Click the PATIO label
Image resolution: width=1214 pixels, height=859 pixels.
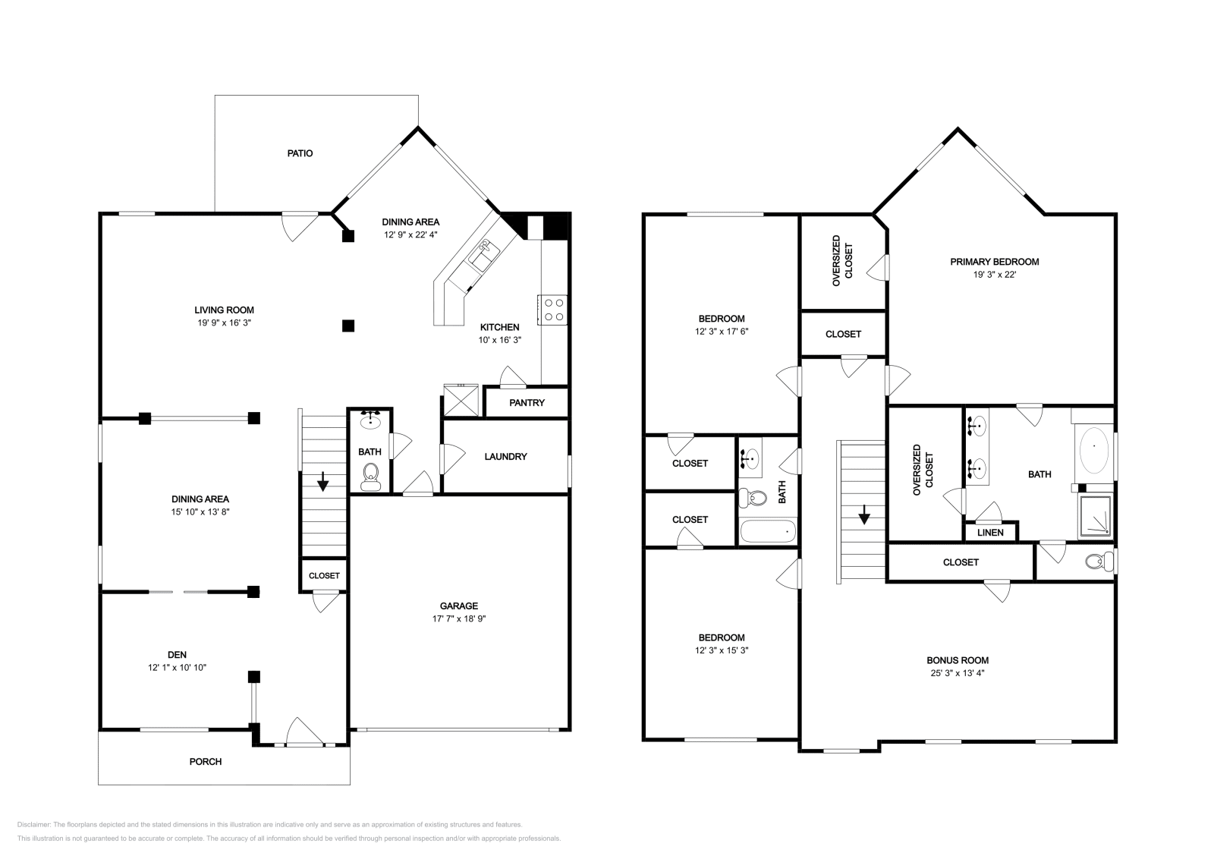pos(300,153)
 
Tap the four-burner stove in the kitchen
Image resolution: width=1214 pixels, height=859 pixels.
pos(553,310)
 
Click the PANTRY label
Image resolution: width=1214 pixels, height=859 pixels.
pos(527,403)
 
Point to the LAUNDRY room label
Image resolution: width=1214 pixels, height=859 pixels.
pos(505,456)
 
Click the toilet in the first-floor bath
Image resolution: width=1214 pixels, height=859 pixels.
pos(371,477)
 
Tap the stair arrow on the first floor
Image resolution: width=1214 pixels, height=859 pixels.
pos(322,481)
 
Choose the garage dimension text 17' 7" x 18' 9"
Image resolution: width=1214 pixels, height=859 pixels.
pos(459,618)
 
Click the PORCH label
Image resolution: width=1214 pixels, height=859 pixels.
pos(206,761)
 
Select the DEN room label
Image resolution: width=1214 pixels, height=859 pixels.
pos(178,655)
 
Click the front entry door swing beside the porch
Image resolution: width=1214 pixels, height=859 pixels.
pos(304,732)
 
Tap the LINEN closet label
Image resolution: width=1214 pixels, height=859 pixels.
pos(990,533)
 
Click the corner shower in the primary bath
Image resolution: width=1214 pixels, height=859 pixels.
pos(1096,517)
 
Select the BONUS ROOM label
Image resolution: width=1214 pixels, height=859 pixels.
pos(958,660)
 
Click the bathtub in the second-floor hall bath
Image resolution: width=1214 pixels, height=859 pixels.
pos(768,532)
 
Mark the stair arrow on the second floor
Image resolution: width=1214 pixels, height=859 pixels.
pos(864,514)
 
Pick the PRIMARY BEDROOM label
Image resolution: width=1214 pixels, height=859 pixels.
pos(995,262)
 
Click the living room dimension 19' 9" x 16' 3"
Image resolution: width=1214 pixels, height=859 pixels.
pos(225,323)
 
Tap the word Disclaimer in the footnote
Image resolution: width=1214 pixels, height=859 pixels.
pos(33,825)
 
